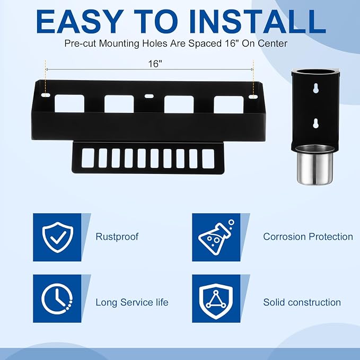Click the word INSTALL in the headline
257,22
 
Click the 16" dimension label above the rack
155,64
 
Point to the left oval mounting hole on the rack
46,95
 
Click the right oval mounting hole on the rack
253,96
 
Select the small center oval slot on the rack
149,96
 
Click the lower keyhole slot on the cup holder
315,124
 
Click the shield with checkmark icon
58,237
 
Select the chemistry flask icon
216,238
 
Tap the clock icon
57,298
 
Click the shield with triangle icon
216,301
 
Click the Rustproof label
117,237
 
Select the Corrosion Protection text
308,236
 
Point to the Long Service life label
132,302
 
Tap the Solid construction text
302,302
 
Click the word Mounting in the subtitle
119,43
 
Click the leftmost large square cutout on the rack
69,103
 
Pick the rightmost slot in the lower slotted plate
208,159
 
